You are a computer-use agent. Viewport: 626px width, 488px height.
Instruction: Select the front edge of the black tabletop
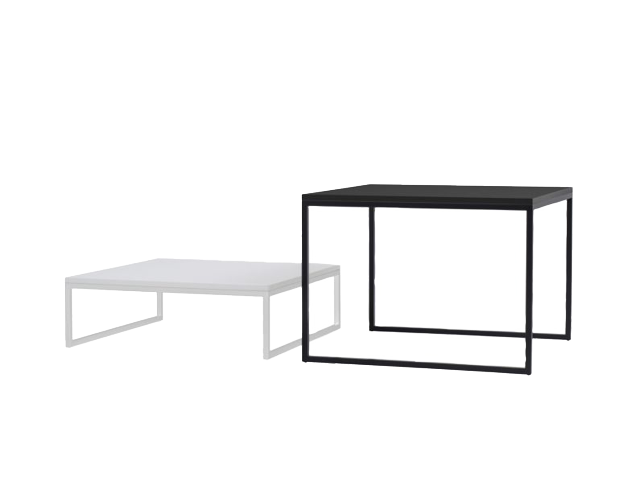(x=417, y=201)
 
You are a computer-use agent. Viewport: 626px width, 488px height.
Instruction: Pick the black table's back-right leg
(x=569, y=270)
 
